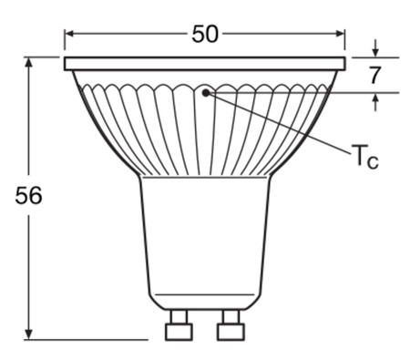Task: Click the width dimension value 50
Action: pyautogui.click(x=205, y=34)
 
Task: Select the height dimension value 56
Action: pyautogui.click(x=29, y=196)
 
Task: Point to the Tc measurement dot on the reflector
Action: pyautogui.click(x=207, y=92)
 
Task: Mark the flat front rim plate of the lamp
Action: pyautogui.click(x=205, y=64)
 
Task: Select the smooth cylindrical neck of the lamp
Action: pyautogui.click(x=205, y=232)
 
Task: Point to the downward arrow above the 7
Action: pyautogui.click(x=374, y=51)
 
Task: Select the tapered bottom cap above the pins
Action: pyautogui.click(x=205, y=302)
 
